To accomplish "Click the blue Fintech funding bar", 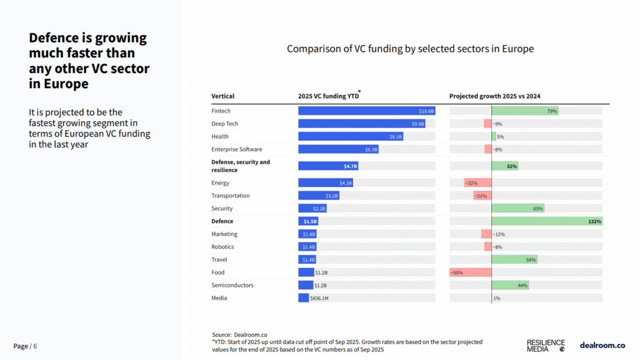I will [366, 111].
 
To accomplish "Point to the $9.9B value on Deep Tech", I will [417, 124].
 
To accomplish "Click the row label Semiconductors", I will [232, 285].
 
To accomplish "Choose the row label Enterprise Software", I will [237, 149].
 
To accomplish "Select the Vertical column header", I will [223, 97].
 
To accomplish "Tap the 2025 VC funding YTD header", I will [328, 97].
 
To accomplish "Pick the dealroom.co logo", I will [602, 345].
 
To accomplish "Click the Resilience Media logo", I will [546, 346].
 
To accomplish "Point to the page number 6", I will [35, 346].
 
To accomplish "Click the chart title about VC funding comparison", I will [410, 49].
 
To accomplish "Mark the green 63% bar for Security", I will [518, 208].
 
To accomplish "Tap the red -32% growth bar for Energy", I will [477, 183].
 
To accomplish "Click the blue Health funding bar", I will [351, 137].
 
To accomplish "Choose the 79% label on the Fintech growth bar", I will [552, 111].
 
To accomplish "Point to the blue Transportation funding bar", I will [318, 196].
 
